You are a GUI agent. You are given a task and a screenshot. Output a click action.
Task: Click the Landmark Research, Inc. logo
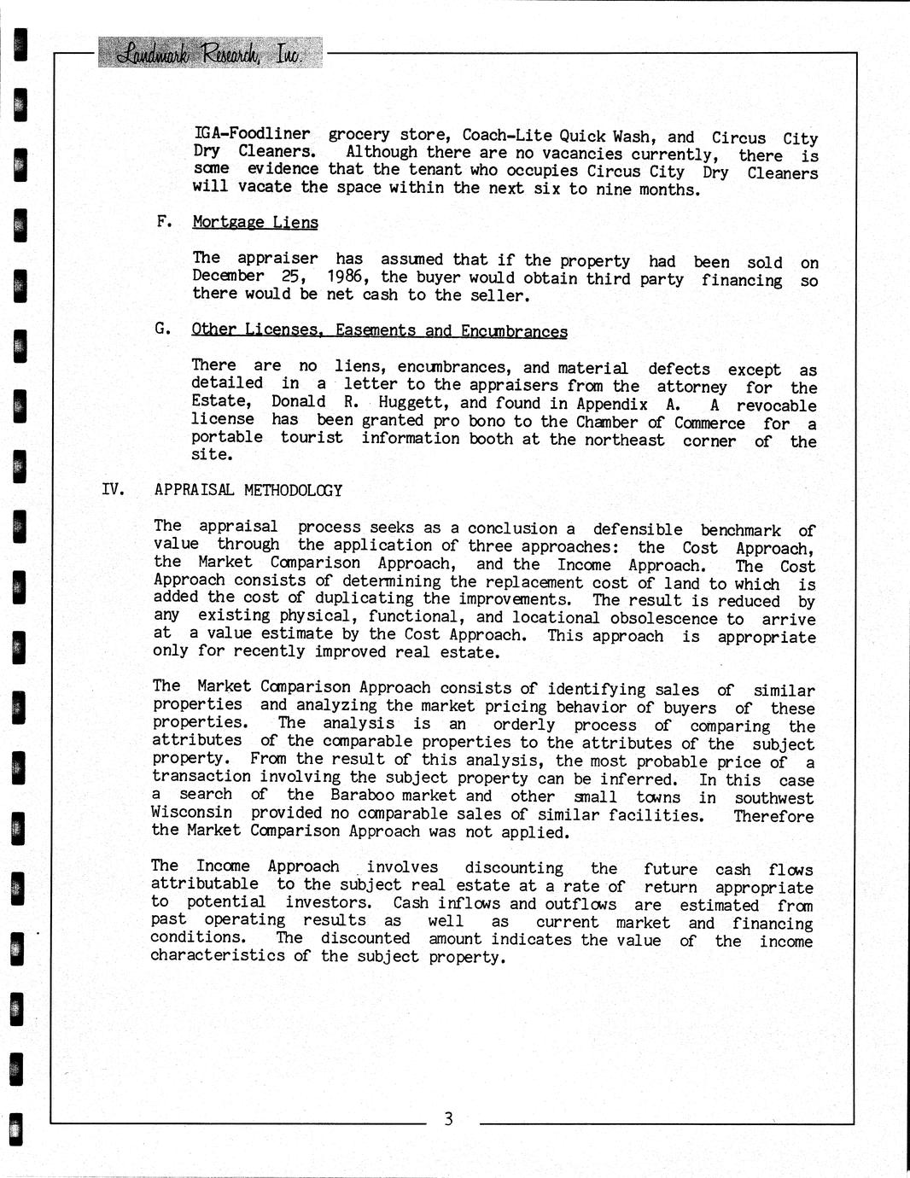pyautogui.click(x=210, y=53)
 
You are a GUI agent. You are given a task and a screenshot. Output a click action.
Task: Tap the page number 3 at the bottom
pyautogui.click(x=448, y=1119)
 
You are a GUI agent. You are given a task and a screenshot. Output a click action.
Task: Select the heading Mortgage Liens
pyautogui.click(x=255, y=223)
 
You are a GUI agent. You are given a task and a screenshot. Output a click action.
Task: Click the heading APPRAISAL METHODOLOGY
pyautogui.click(x=248, y=491)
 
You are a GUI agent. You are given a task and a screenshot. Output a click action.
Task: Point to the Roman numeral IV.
pyautogui.click(x=114, y=489)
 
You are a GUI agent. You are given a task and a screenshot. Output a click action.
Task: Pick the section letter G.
pyautogui.click(x=162, y=329)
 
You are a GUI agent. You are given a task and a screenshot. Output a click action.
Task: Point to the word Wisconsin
pyautogui.click(x=192, y=813)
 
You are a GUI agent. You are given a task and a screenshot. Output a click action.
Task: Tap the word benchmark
pyautogui.click(x=740, y=530)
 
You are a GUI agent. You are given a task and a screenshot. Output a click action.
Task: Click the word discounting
pyautogui.click(x=514, y=868)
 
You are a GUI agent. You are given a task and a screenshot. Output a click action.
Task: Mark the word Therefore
pyautogui.click(x=773, y=816)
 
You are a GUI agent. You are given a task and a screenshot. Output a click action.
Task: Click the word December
pyautogui.click(x=228, y=276)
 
